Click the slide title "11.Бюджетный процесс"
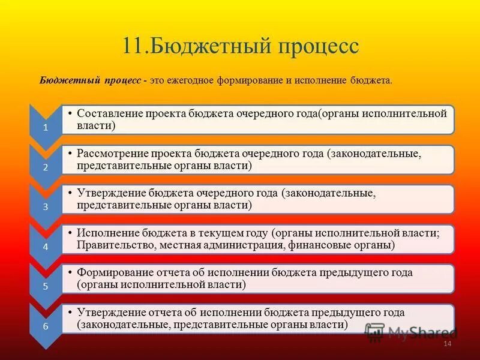pyautogui.click(x=240, y=46)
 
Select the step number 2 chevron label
pyautogui.click(x=46, y=167)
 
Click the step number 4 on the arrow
pyautogui.click(x=46, y=247)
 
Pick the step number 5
pyautogui.click(x=46, y=286)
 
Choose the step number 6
pyautogui.click(x=46, y=326)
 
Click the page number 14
pyautogui.click(x=446, y=343)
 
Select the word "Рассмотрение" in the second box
pyautogui.click(x=110, y=154)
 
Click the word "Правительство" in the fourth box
pyautogui.click(x=111, y=245)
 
